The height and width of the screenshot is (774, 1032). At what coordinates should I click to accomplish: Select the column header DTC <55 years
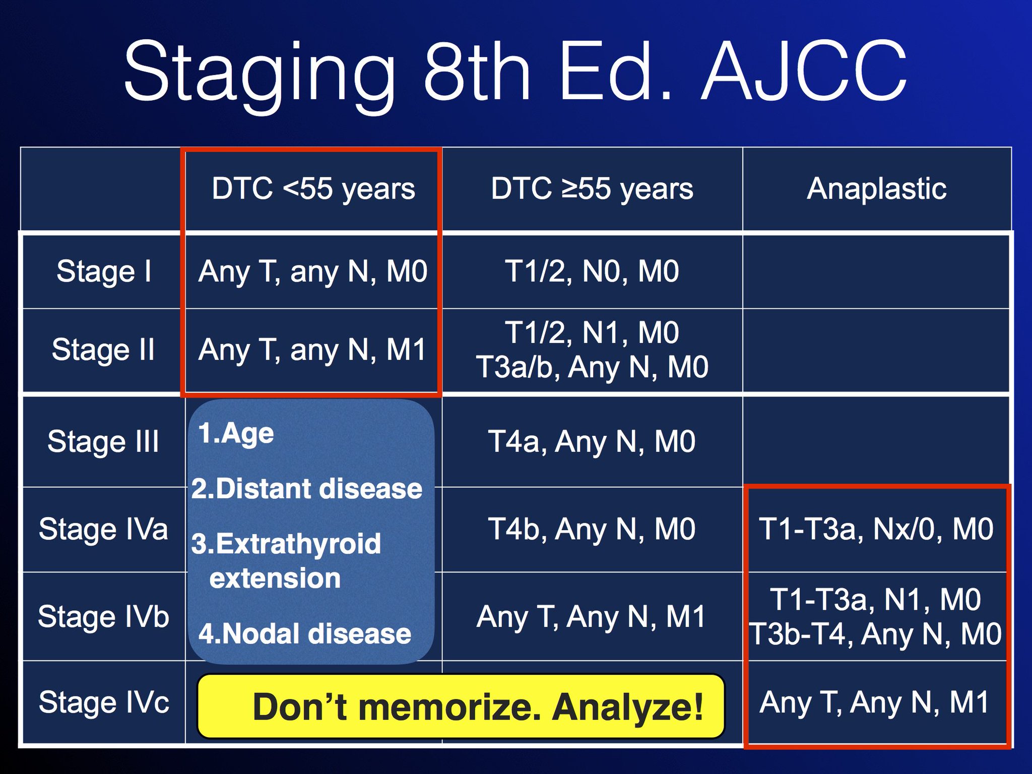click(x=313, y=189)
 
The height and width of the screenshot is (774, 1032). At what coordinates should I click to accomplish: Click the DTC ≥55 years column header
click(x=592, y=189)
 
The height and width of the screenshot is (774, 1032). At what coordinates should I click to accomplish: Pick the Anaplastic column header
click(x=877, y=189)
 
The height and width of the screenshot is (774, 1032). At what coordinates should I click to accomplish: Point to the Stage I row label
click(x=104, y=272)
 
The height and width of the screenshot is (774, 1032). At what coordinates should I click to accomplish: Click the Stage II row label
click(x=103, y=350)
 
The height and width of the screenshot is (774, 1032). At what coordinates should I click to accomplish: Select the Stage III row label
click(x=103, y=442)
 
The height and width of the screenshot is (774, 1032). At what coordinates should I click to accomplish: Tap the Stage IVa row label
click(x=103, y=529)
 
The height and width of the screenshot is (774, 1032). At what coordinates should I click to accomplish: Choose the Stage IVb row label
click(x=103, y=616)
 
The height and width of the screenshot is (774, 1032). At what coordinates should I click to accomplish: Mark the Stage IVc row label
click(x=104, y=702)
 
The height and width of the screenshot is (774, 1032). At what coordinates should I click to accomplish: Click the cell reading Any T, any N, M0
click(x=313, y=272)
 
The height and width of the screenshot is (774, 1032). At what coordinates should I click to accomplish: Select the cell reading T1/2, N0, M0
click(x=592, y=272)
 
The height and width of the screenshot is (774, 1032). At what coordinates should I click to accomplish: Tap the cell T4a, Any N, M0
click(x=592, y=442)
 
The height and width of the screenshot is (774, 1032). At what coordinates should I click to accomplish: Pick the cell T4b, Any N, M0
click(x=592, y=529)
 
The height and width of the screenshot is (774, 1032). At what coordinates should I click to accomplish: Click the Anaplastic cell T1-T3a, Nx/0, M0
click(x=877, y=529)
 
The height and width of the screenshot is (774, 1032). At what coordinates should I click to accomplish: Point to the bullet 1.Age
click(x=236, y=434)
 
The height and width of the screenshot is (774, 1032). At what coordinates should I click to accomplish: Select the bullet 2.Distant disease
click(x=307, y=489)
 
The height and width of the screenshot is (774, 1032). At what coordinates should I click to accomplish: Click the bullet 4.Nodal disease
click(x=305, y=633)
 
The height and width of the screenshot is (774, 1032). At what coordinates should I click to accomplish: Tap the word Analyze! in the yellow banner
click(x=628, y=707)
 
